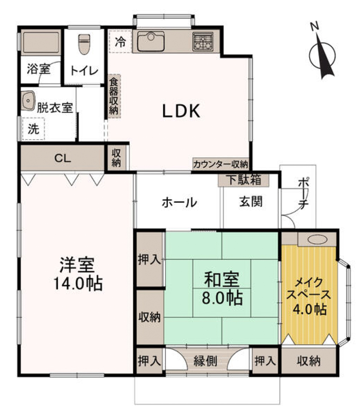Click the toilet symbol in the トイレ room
click(84, 44)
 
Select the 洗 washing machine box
click(33, 129)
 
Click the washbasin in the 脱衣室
click(28, 100)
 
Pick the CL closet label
click(62, 158)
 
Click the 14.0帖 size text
click(77, 283)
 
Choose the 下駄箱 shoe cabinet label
click(244, 180)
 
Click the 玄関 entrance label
click(250, 202)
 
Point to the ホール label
click(179, 203)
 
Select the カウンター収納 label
click(220, 164)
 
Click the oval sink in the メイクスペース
click(317, 239)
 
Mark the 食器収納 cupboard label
click(113, 96)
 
